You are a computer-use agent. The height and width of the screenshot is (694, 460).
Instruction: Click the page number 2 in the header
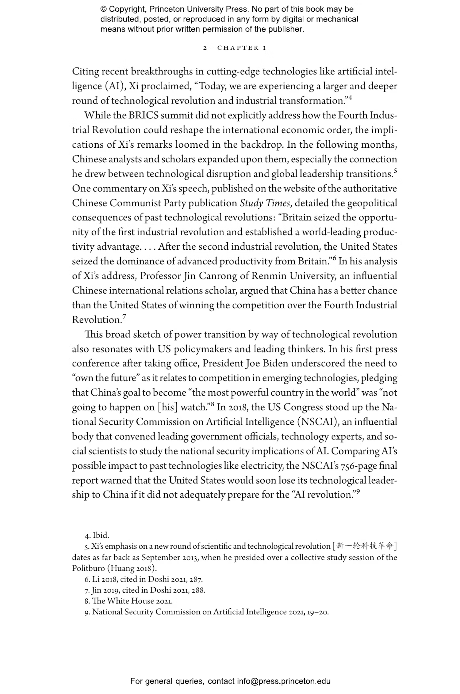pyautogui.click(x=205, y=48)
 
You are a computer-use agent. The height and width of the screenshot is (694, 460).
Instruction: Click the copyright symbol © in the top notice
pyautogui.click(x=103, y=9)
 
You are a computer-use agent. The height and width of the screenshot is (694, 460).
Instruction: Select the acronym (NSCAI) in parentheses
pyautogui.click(x=317, y=422)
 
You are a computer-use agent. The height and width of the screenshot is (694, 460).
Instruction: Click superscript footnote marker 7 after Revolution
pyautogui.click(x=124, y=317)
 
